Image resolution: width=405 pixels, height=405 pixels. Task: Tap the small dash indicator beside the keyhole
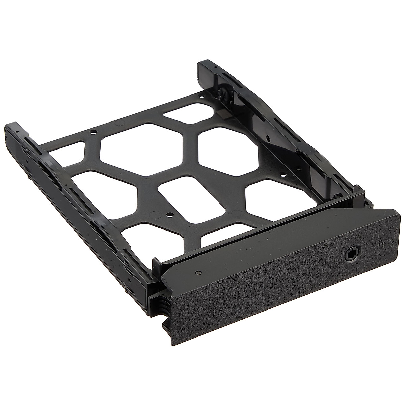380,242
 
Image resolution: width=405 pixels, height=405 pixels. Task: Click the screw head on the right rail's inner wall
268,138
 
